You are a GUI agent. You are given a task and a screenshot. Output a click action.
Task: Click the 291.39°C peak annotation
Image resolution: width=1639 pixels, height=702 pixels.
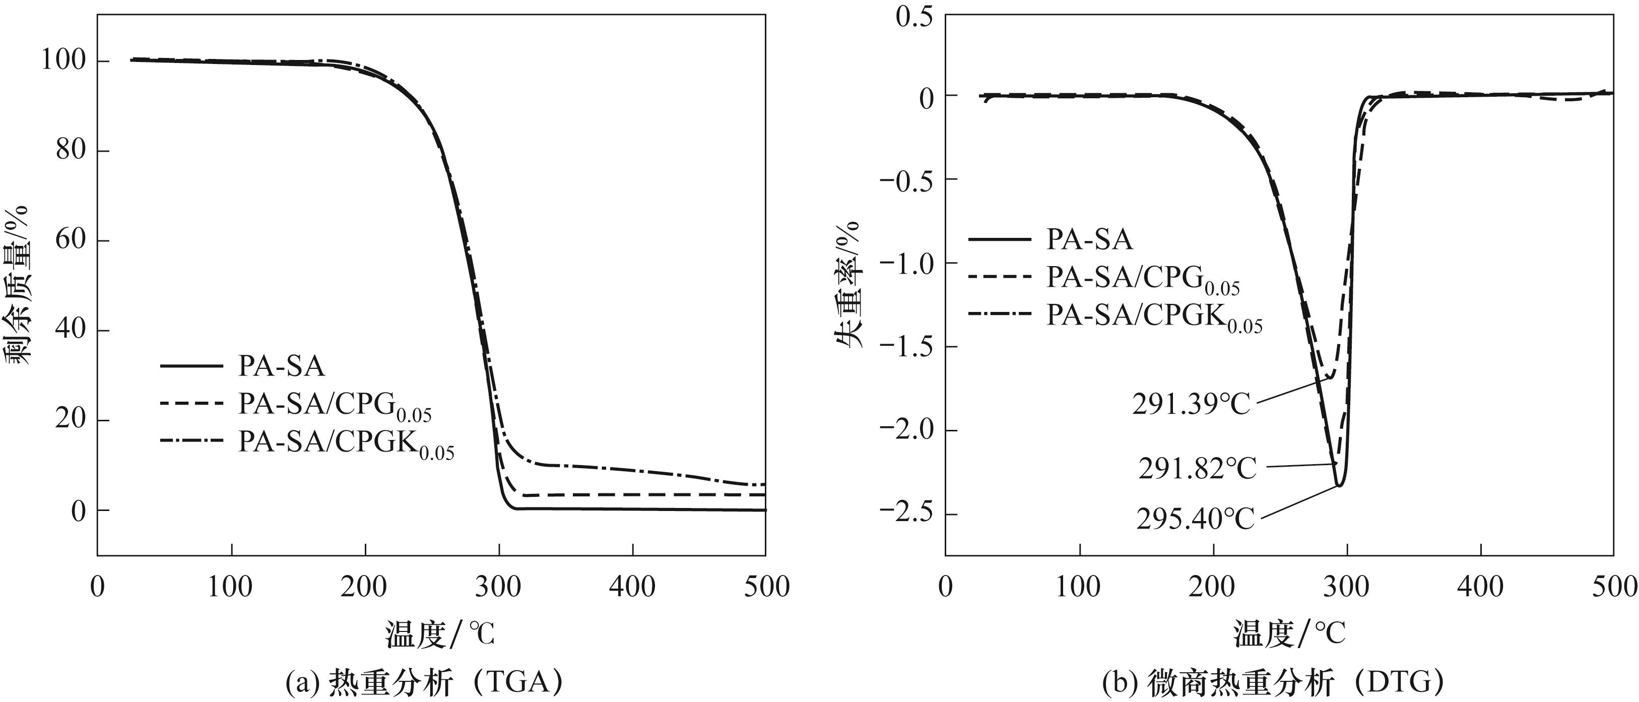1192,404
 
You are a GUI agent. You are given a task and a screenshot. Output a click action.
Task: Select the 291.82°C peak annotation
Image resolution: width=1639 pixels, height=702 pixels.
1198,469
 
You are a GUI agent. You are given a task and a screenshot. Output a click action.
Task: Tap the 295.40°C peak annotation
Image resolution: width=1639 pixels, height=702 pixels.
1196,520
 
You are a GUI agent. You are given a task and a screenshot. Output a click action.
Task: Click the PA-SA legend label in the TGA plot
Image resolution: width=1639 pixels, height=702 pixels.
281,366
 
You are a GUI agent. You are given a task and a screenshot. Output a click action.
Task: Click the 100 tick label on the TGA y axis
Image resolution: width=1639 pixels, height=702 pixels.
63,61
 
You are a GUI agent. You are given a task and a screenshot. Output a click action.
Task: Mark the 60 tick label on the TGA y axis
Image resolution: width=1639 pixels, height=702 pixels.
70,240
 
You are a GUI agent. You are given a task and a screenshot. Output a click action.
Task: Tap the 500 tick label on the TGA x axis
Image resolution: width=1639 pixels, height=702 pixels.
766,587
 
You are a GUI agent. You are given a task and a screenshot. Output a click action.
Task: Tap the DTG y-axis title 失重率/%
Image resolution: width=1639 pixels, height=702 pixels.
848,285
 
